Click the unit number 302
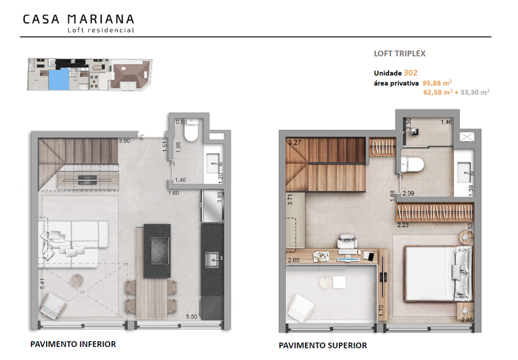(x=411, y=73)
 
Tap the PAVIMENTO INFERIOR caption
(x=73, y=344)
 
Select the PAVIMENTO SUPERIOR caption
(x=323, y=346)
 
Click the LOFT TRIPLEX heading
(x=400, y=54)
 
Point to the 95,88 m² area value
(x=437, y=83)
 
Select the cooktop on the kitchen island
(x=160, y=251)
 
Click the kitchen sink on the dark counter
(x=212, y=259)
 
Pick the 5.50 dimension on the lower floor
(x=191, y=317)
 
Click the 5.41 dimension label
(x=42, y=284)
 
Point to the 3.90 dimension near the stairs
(x=124, y=141)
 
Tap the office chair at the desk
(x=347, y=242)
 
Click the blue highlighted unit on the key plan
(x=59, y=79)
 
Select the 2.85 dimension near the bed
(x=467, y=320)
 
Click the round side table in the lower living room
(x=77, y=280)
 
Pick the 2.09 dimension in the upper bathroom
(x=408, y=193)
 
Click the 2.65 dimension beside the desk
(x=294, y=260)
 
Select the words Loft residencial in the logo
(x=101, y=30)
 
